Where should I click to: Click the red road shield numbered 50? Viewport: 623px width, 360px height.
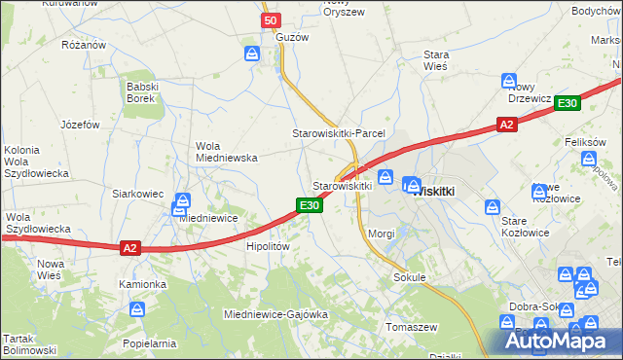pyautogui.click(x=272, y=20)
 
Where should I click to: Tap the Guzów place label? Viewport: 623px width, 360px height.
pyautogui.click(x=292, y=37)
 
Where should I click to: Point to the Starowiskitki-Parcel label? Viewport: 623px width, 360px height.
pyautogui.click(x=340, y=133)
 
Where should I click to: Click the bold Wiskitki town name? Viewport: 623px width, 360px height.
pyautogui.click(x=434, y=192)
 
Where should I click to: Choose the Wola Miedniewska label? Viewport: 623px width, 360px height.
pyautogui.click(x=226, y=151)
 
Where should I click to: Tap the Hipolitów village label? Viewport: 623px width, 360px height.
pyautogui.click(x=268, y=247)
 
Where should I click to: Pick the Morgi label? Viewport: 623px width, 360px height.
pyautogui.click(x=382, y=234)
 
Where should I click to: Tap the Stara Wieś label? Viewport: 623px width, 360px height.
pyautogui.click(x=435, y=61)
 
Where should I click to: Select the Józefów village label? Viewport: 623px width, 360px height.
pyautogui.click(x=81, y=125)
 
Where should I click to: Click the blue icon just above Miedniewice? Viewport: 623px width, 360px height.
pyautogui.click(x=181, y=203)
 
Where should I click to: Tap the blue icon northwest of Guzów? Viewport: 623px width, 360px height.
pyautogui.click(x=252, y=54)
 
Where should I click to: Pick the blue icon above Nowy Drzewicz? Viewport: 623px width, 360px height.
pyautogui.click(x=508, y=81)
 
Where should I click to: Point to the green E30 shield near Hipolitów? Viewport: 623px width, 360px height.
pyautogui.click(x=309, y=205)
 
